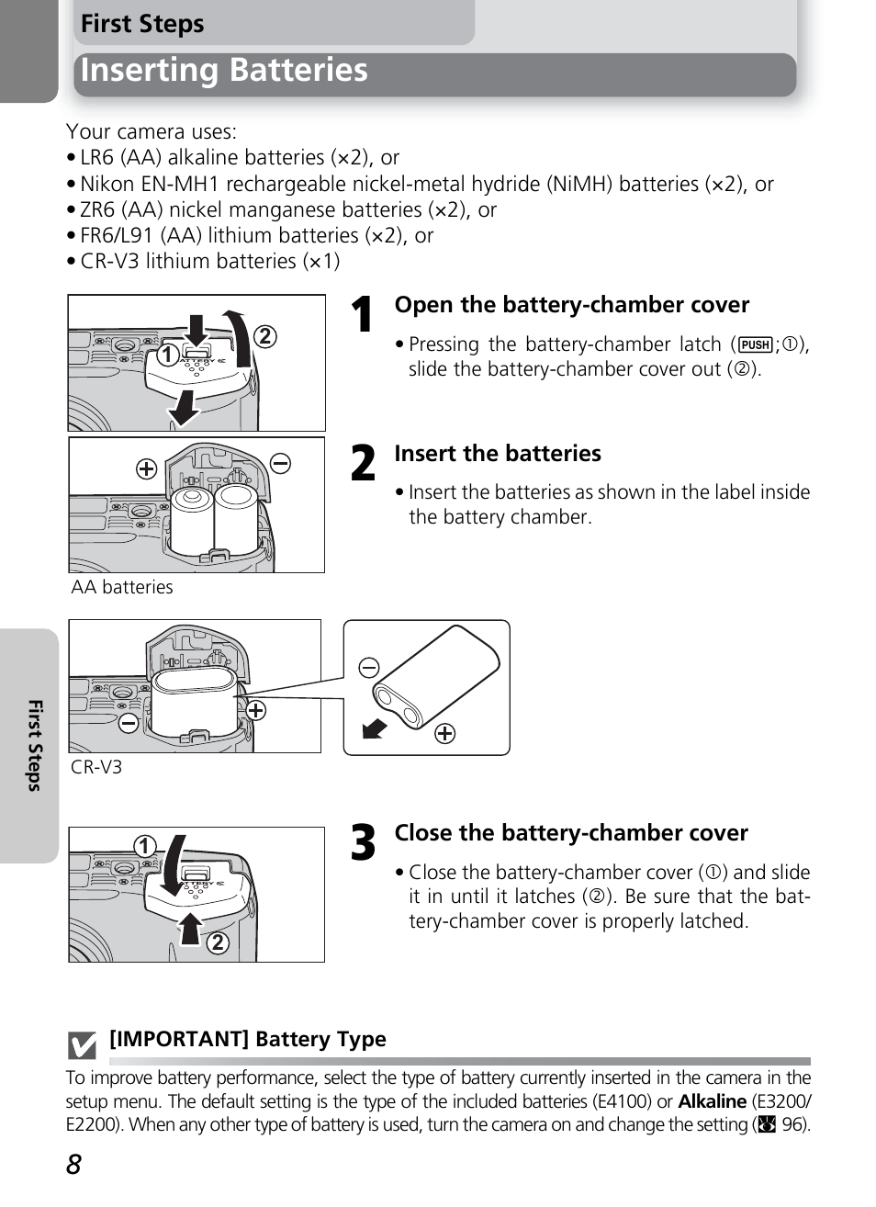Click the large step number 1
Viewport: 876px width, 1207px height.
(363, 315)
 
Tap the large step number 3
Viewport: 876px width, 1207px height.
(364, 842)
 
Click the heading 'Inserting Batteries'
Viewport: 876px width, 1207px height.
(224, 71)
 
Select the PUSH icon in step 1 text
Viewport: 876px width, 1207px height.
(755, 344)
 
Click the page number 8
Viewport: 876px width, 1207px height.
(73, 1165)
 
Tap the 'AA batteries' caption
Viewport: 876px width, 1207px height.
(122, 588)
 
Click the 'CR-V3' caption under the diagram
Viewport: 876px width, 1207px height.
(96, 768)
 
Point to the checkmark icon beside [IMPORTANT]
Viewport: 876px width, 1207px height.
(82, 1045)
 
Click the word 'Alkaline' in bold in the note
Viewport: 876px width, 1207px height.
(712, 1101)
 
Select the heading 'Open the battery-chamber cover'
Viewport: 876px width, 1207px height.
(571, 305)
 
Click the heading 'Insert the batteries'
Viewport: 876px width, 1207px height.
(498, 454)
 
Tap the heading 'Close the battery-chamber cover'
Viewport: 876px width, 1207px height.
(571, 833)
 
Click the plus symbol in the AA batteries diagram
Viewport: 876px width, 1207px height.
(146, 469)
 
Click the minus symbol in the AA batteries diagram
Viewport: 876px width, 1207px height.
(281, 463)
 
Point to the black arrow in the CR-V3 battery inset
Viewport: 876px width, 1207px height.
(375, 728)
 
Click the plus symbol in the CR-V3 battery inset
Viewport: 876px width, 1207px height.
(444, 733)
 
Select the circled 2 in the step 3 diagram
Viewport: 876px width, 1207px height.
(218, 942)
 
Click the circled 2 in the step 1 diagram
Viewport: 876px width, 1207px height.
(264, 336)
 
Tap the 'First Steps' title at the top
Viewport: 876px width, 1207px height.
(142, 24)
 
